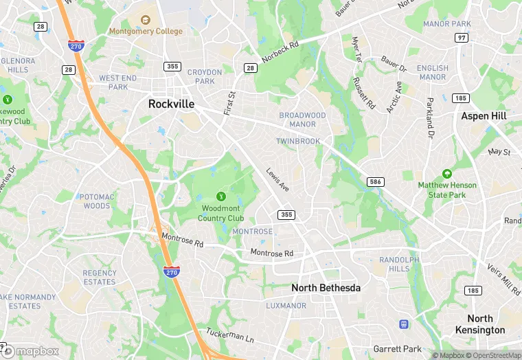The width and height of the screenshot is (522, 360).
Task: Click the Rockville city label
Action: [171, 104]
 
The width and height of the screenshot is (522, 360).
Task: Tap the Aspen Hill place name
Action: [484, 116]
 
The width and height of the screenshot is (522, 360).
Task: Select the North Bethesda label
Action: [326, 288]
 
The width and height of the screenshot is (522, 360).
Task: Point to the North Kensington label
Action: [479, 324]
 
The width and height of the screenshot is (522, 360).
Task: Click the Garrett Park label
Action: [396, 349]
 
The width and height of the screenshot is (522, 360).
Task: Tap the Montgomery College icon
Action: [145, 20]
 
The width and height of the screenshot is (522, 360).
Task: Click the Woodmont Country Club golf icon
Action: [220, 196]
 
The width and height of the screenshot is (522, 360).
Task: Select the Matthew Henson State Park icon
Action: [447, 175]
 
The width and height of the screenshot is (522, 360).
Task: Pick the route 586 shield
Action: [375, 182]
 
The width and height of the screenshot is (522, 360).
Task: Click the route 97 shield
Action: [462, 38]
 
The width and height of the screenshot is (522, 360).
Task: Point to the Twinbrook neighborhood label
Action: [298, 141]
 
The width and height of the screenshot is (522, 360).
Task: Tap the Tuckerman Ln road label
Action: [230, 335]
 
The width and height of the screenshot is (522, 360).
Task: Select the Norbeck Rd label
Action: [280, 50]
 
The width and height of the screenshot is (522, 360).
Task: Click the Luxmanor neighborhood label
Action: [286, 305]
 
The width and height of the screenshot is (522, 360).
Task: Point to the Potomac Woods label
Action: [96, 201]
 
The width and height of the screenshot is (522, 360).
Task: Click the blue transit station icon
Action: [404, 324]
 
